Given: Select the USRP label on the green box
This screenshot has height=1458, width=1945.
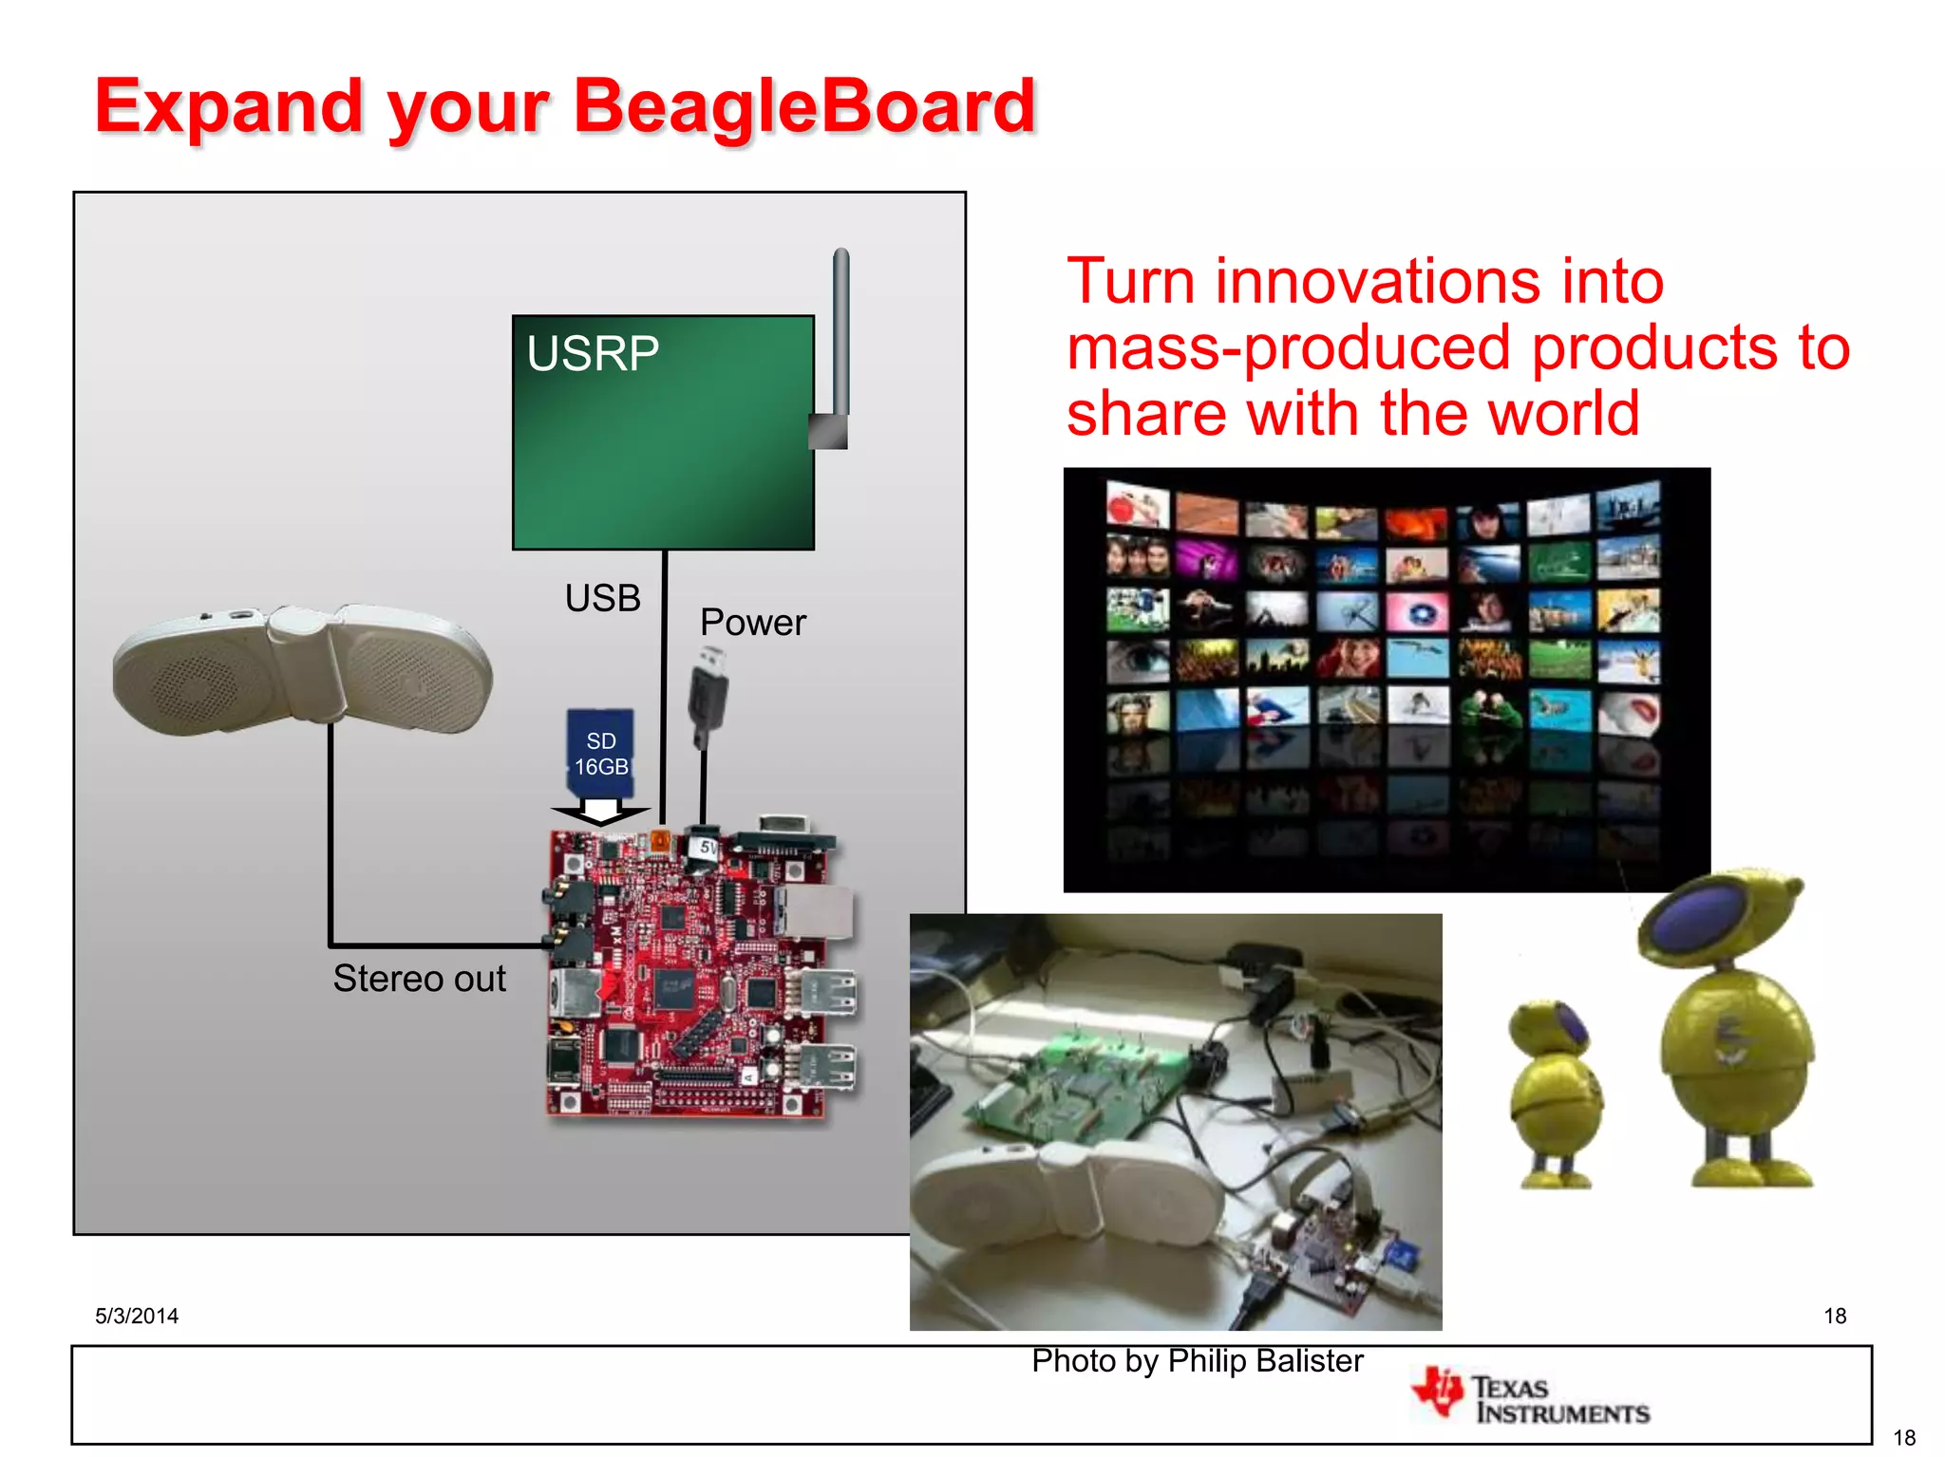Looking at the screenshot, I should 593,354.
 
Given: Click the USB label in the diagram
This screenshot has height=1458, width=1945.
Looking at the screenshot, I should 602,598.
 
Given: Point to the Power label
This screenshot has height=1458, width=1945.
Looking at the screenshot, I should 752,623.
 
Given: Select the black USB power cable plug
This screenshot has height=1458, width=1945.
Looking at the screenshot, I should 708,693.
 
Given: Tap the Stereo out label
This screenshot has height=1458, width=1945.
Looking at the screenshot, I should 419,979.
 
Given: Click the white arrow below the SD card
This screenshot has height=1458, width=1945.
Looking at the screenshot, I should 600,813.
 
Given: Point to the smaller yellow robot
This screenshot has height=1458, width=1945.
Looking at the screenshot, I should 1554,1092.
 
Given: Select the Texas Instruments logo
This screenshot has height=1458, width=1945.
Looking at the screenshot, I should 1531,1398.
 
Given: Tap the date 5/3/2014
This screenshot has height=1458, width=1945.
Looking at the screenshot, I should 137,1316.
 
